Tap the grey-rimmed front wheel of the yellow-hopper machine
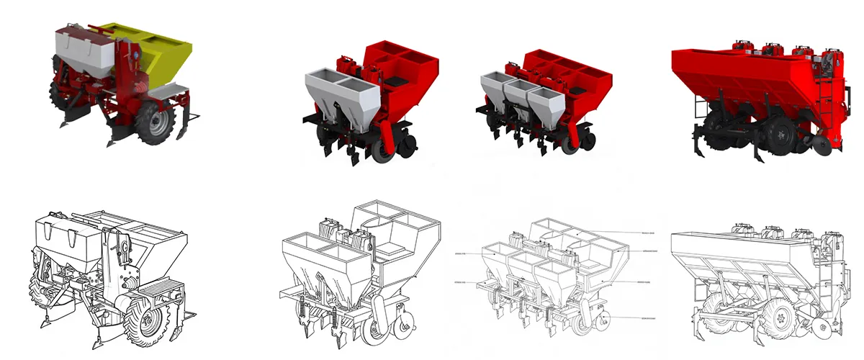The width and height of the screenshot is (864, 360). click(155, 122)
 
